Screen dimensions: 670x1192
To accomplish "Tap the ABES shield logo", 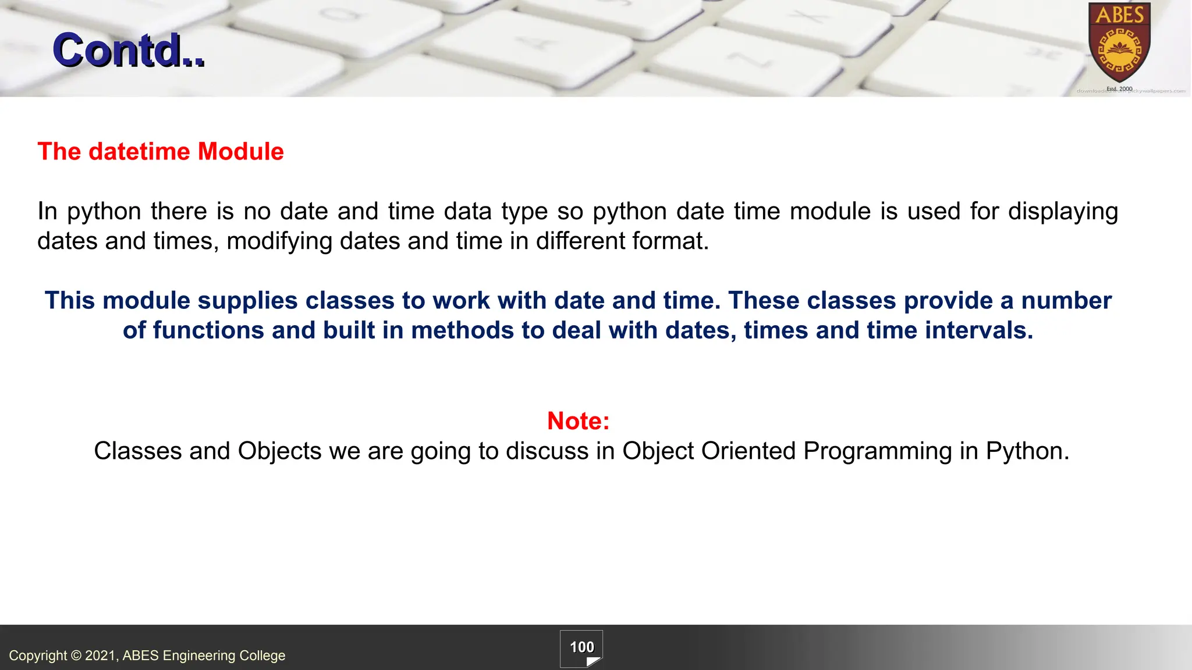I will pos(1119,44).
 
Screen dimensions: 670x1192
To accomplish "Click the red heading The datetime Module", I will pos(161,152).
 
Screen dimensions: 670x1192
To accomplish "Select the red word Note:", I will pos(578,421).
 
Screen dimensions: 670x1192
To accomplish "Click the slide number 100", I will pos(581,647).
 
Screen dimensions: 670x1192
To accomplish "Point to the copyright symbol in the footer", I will pos(76,655).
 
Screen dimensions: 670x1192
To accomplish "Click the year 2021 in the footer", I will pos(101,655).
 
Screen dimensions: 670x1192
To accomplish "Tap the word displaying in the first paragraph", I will pos(1063,212).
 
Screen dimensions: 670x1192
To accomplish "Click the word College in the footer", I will pos(262,655).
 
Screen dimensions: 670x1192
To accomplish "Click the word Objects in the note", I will pos(279,451).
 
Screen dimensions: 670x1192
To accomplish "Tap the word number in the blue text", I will pos(1066,301).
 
